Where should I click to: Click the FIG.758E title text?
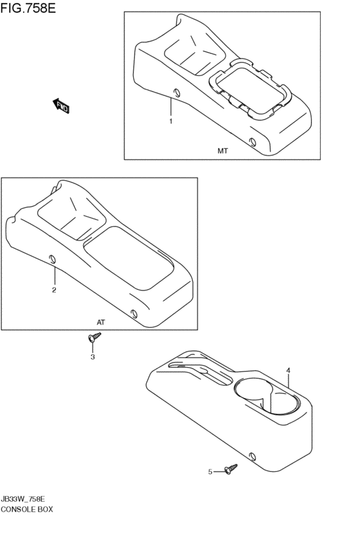pos(28,8)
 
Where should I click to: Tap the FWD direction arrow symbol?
pos(61,105)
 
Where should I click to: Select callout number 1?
pos(170,121)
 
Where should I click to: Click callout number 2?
pos(54,290)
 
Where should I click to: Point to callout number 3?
pos(93,357)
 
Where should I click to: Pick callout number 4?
pos(289,370)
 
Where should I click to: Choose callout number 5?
pos(210,472)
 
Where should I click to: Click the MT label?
pos(222,152)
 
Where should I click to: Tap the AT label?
pos(100,322)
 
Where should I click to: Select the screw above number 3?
pos(94,336)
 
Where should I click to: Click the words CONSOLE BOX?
pos(27,509)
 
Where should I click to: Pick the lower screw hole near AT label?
pos(134,313)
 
